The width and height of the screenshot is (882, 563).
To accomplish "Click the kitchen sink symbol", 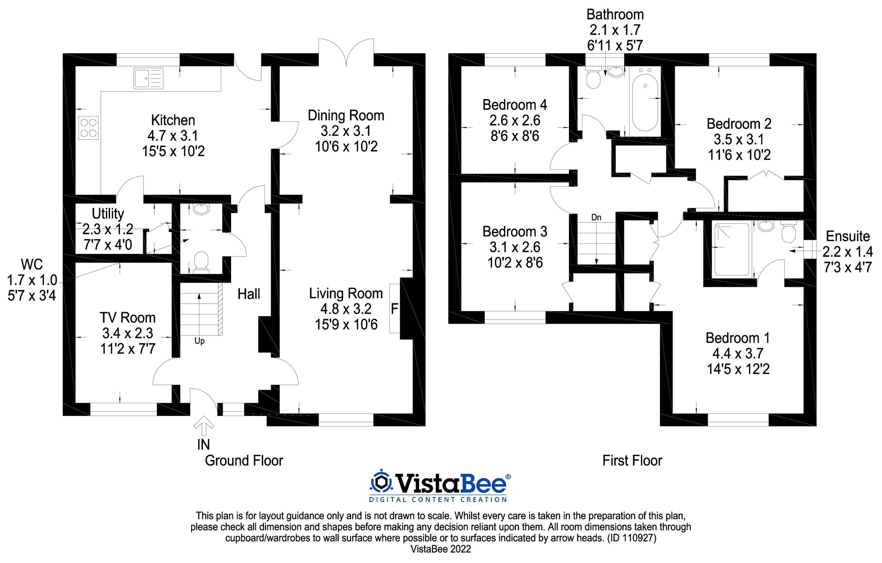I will coord(148,79).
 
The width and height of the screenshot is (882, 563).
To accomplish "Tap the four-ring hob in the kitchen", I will coord(89,127).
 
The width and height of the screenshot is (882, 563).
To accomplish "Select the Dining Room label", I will coord(346,115).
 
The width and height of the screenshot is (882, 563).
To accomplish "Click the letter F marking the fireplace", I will coord(394,309).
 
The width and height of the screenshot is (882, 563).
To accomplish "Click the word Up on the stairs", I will coord(199,341).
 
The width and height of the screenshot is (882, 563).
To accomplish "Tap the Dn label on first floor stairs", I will coord(596,217).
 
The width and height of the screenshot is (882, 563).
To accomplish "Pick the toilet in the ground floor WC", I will coord(201,261).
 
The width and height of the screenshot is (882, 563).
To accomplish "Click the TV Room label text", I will coord(128,318).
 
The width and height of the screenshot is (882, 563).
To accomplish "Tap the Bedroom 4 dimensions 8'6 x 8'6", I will coord(514,136).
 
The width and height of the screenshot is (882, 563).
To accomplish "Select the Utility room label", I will coord(108,213).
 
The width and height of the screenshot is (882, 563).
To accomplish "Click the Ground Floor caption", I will coord(244,461).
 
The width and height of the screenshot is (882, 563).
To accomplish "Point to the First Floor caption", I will coord(632,461).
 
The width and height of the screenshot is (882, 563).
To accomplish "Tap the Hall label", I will coord(249,294).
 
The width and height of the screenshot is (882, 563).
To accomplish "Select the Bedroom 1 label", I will coord(737,338).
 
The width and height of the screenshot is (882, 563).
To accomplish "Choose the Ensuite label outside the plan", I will coord(848,236).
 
